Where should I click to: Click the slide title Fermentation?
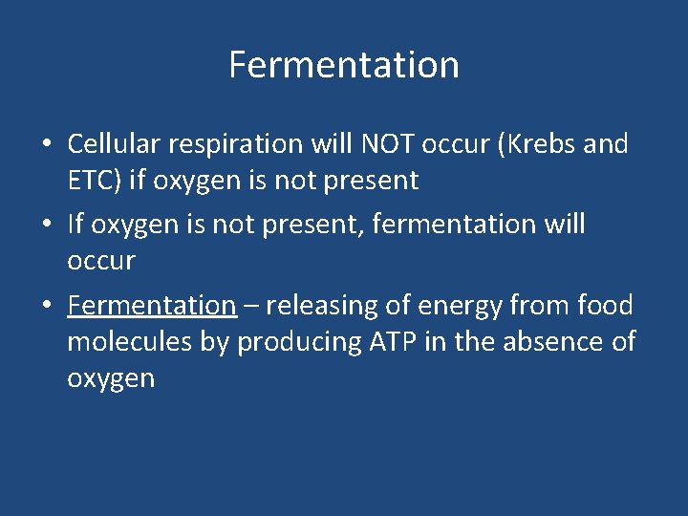[344, 65]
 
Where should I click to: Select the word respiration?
[238, 145]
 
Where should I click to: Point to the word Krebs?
[536, 144]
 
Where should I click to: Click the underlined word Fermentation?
[151, 306]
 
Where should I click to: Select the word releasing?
[324, 306]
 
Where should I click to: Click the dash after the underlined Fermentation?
[250, 307]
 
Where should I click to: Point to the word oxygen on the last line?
[111, 379]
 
